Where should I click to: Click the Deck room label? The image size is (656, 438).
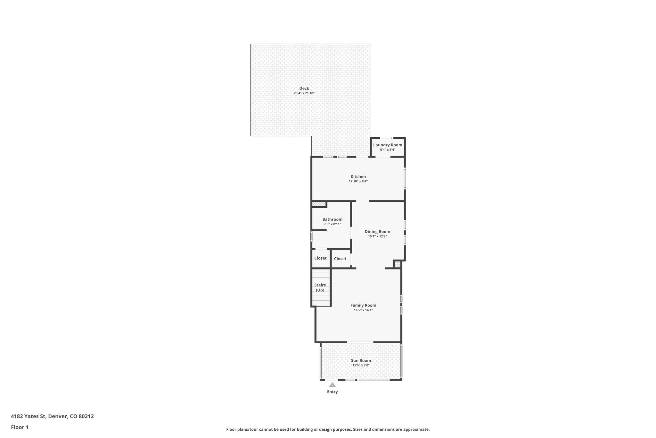pos(304,88)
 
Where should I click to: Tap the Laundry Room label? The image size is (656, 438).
pos(388,145)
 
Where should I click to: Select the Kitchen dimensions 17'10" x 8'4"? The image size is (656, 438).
pos(358,181)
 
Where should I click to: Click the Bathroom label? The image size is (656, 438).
pos(332,219)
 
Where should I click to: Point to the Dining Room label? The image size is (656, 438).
pos(377,232)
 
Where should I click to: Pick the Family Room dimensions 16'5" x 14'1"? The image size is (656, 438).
pos(363,310)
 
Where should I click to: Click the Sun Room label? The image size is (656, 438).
pos(361,361)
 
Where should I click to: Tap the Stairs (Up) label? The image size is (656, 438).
pos(320,288)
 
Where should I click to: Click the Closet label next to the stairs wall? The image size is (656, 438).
pos(320,258)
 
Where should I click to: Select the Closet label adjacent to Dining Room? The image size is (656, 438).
pos(340,259)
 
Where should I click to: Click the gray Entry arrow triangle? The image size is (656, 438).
pos(332,385)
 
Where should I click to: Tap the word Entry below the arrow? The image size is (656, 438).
pos(332,392)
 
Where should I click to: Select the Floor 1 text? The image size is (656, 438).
pos(20,427)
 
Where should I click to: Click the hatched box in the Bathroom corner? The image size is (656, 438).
pos(319,204)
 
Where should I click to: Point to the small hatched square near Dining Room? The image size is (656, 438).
pos(397,264)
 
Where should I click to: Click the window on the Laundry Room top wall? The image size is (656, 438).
pos(387,138)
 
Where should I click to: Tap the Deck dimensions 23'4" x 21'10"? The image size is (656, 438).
pos(304,93)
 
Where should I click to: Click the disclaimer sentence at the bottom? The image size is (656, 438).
pos(328,429)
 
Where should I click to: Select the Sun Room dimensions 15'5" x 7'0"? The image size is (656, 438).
pos(361,365)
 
